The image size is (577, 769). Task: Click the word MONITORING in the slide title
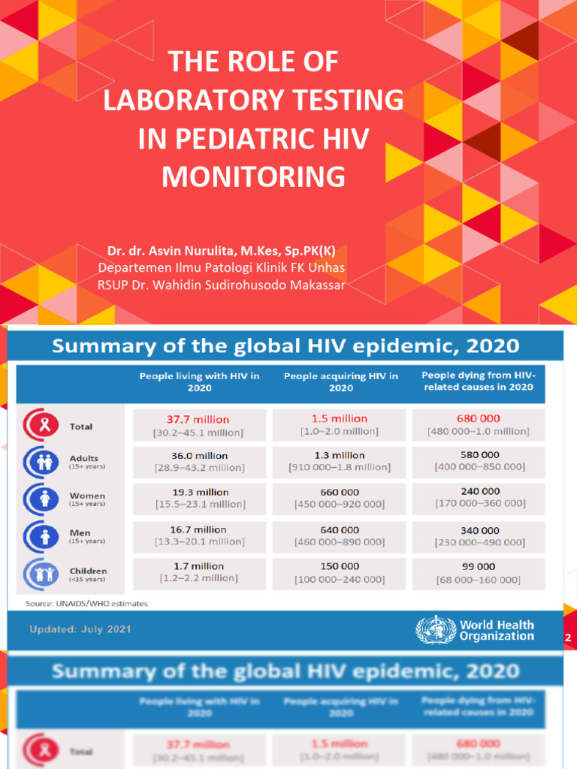click(253, 177)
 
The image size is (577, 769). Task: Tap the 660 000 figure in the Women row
click(339, 492)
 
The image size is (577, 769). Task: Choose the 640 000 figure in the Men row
click(339, 529)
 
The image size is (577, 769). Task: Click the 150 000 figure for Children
click(339, 566)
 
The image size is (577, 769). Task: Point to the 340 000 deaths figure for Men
click(479, 530)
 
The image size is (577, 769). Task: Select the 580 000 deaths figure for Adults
click(479, 454)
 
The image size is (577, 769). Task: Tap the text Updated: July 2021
click(80, 629)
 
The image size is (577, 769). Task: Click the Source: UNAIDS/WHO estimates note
click(87, 603)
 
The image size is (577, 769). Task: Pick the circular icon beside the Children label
click(41, 574)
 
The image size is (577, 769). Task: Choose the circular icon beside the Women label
click(41, 499)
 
